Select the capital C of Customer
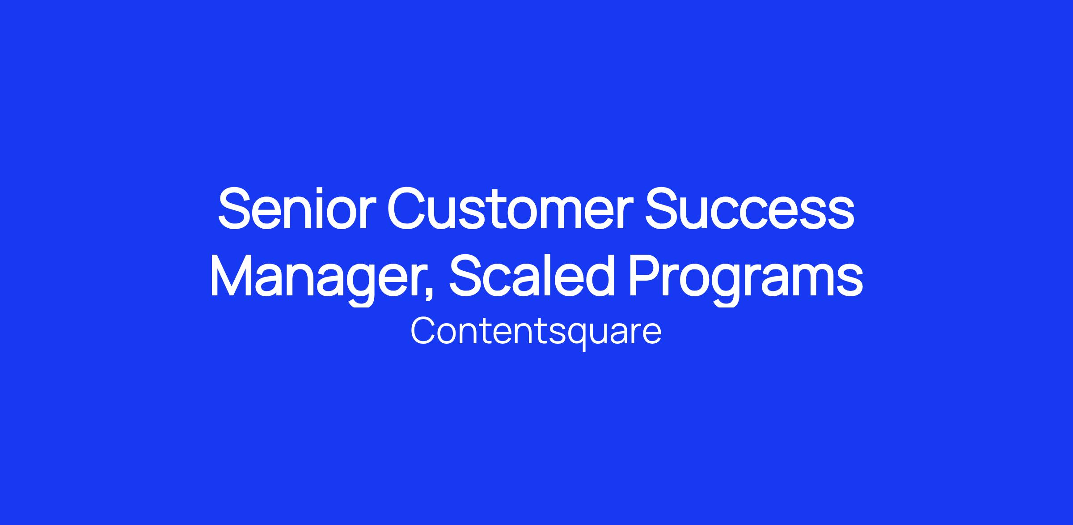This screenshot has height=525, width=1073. [407, 208]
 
